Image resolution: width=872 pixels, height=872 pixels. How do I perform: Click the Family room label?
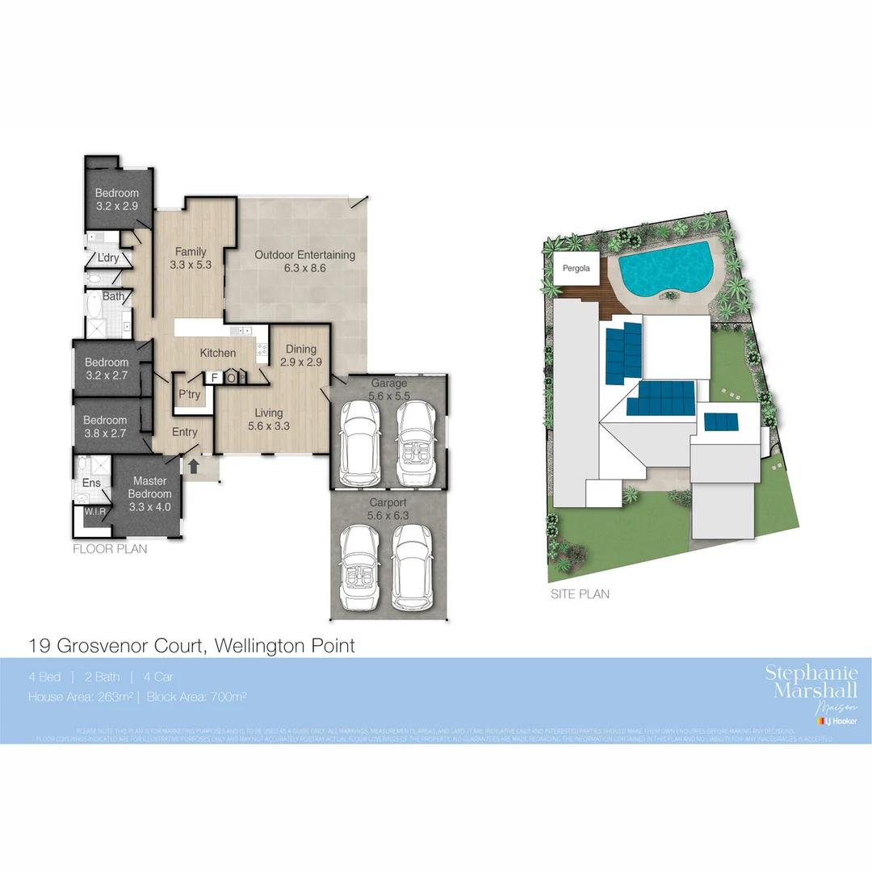[x=190, y=252]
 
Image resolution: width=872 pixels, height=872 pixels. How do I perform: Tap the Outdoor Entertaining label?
[x=304, y=255]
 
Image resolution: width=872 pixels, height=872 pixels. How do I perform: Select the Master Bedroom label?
[x=150, y=488]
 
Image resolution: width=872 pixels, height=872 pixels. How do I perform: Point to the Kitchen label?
[x=218, y=353]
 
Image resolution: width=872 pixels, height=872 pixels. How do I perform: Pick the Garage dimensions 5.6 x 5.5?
[x=388, y=396]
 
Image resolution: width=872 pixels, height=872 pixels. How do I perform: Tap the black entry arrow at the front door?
[x=193, y=466]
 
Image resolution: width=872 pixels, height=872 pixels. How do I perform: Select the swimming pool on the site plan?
[x=666, y=269]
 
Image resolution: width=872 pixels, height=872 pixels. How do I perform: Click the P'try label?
[x=189, y=394]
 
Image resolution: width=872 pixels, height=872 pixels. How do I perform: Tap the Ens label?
[x=91, y=484]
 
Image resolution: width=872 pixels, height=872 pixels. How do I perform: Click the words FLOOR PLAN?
[x=110, y=548]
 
